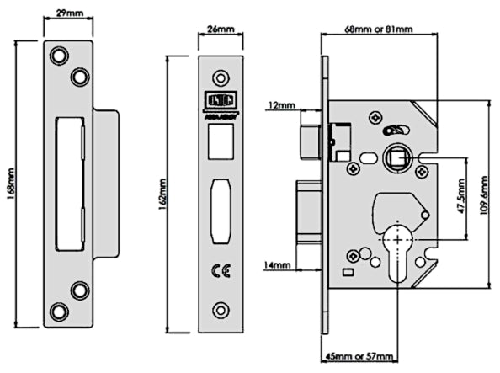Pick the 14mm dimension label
click(279, 265)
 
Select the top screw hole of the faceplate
click(219, 73)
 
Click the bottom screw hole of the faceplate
click(219, 308)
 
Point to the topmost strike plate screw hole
click(59, 54)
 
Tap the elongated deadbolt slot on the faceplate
click(219, 199)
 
